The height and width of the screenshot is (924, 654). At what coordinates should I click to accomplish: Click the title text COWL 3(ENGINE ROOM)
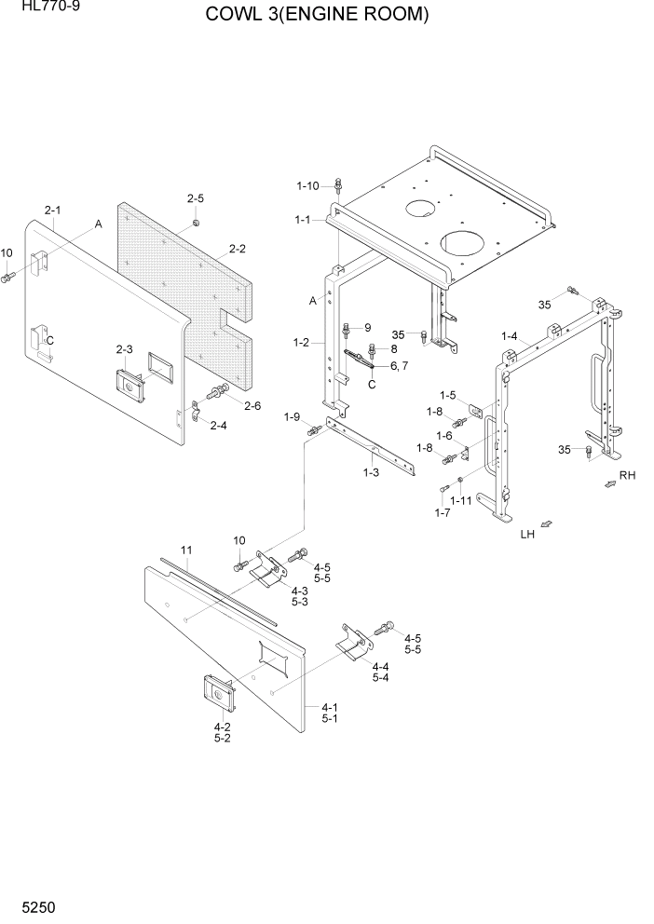[318, 16]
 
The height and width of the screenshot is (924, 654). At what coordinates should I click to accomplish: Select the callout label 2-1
[52, 211]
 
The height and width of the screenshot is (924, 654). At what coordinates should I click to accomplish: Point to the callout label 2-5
[195, 198]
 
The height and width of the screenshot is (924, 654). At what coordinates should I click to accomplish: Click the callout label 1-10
[308, 186]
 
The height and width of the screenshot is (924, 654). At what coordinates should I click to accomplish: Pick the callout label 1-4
[509, 335]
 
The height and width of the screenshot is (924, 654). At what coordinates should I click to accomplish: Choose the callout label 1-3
[371, 473]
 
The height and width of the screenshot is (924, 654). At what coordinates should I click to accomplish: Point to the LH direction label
[528, 535]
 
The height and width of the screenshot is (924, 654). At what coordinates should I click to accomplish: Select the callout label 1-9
[293, 416]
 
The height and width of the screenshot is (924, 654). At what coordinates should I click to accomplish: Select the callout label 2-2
[238, 249]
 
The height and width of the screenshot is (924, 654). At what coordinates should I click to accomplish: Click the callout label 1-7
[443, 512]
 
